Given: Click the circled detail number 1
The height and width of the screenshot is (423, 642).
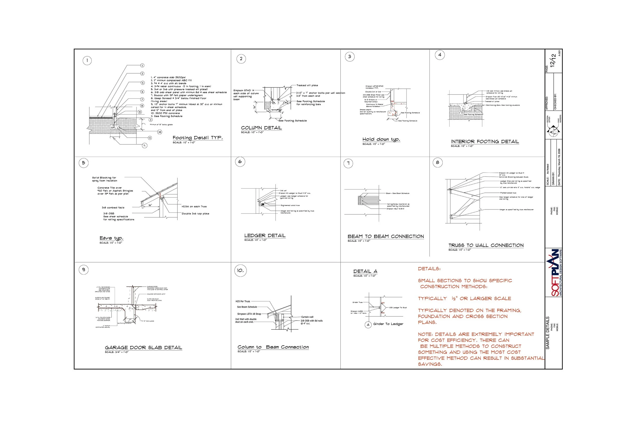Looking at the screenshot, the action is tap(87, 61).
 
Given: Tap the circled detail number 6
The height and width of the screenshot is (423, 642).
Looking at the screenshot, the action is tap(240, 162).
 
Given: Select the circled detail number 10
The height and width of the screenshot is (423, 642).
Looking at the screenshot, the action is tap(240, 270).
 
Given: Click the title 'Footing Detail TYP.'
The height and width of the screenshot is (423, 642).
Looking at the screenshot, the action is tap(197, 138).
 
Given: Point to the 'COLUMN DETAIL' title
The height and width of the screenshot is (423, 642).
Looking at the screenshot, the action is tap(261, 128).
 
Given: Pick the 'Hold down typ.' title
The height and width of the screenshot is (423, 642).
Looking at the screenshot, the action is tap(381, 139).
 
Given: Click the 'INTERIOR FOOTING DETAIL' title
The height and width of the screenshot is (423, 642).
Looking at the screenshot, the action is tap(485, 142).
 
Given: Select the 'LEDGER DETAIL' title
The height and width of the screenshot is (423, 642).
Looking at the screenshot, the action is tap(265, 236).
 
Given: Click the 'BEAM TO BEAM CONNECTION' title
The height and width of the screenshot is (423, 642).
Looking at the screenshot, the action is tap(385, 237).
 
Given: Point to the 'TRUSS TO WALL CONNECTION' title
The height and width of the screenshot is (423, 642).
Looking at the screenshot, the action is tap(486, 246).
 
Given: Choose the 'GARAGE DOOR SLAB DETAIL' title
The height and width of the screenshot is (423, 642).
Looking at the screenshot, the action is tap(143, 348).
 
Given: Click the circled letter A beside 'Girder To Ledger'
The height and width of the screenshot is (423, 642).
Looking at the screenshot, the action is tap(368, 325).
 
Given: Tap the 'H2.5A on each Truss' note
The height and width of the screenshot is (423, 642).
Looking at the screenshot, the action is tap(194, 207).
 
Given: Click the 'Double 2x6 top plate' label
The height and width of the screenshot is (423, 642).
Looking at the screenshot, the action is tap(195, 214).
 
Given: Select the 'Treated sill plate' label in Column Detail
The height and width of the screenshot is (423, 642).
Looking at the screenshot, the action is tap(307, 86).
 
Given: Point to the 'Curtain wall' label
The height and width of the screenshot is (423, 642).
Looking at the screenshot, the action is tap(307, 317).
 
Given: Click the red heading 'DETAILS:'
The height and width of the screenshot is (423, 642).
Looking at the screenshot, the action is tap(429, 269).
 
